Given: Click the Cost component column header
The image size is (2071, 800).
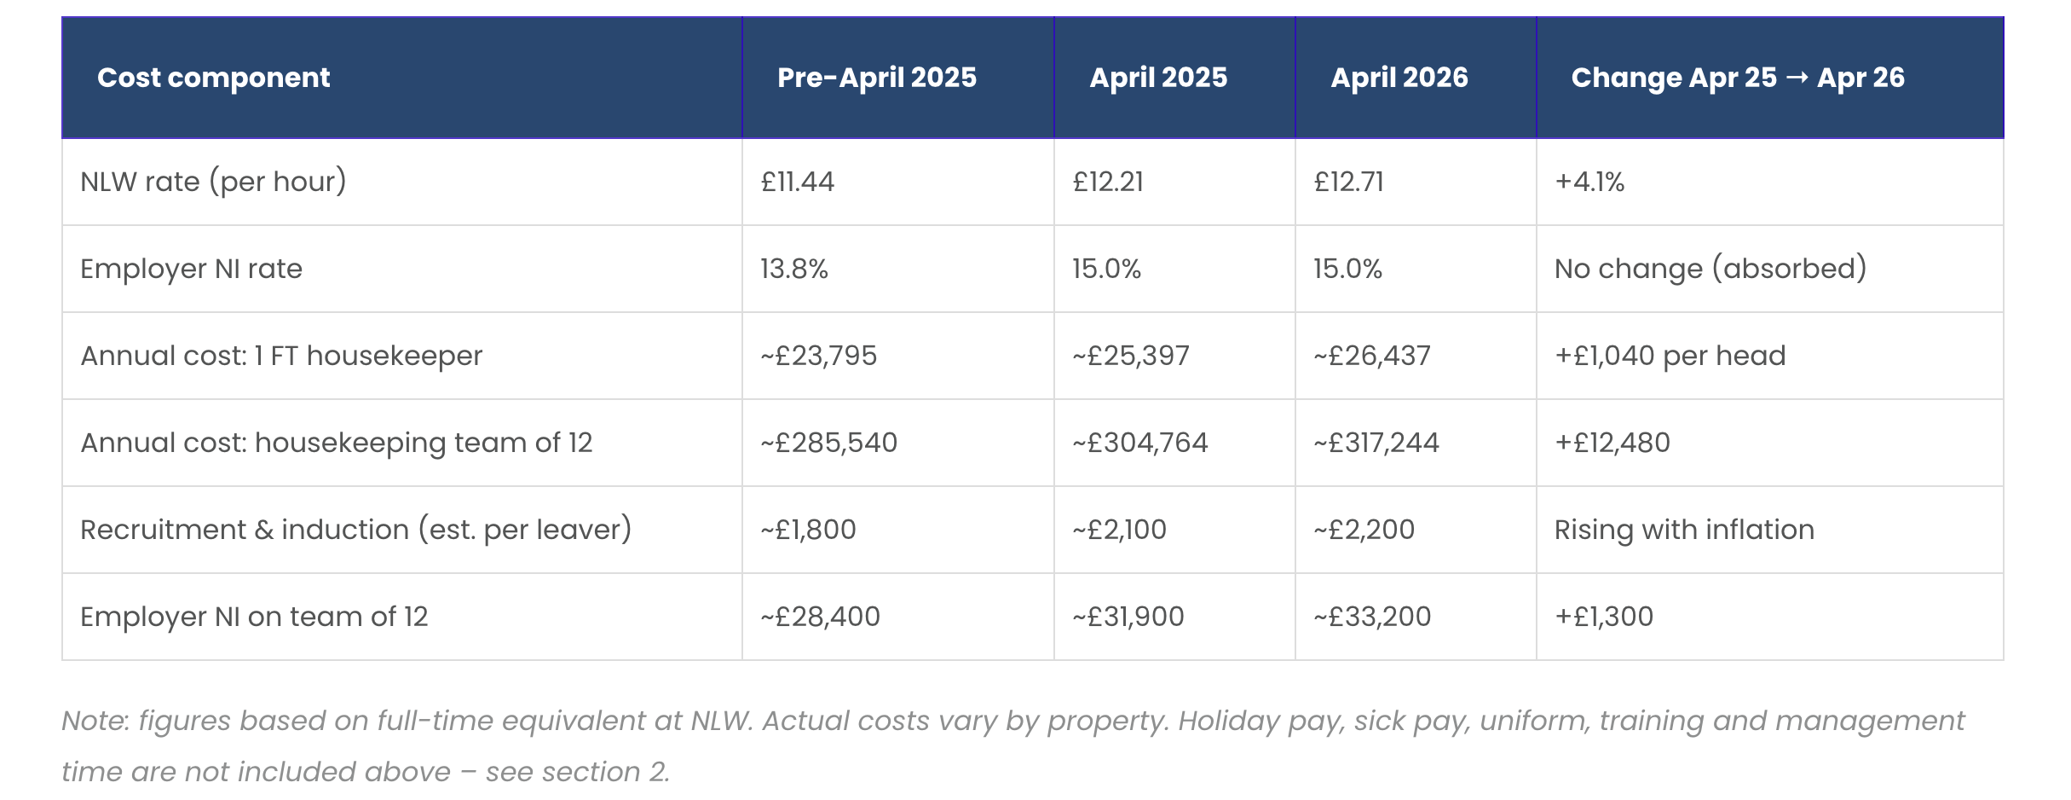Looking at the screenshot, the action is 213,78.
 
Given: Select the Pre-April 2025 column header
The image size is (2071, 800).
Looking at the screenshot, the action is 877,78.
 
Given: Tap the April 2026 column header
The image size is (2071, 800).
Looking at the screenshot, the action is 1399,78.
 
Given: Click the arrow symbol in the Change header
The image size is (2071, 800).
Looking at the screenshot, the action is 1797,78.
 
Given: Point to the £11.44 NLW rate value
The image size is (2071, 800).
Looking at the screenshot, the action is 798,182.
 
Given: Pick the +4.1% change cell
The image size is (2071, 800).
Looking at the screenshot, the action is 1589,182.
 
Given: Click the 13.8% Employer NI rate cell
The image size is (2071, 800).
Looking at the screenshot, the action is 794,269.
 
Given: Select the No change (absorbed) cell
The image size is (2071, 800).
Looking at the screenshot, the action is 1710,269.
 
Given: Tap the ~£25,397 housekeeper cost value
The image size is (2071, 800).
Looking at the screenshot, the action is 1131,356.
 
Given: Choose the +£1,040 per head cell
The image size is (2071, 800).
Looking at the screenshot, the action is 1670,356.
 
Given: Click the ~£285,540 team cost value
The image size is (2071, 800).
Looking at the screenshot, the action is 829,443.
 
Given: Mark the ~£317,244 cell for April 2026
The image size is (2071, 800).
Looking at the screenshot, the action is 1376,443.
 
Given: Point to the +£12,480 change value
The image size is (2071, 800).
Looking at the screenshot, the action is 1612,443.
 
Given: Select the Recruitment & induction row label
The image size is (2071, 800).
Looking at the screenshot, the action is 356,530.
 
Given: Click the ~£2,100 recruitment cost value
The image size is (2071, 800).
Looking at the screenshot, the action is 1120,530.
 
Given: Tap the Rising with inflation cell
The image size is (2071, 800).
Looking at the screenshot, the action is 1685,530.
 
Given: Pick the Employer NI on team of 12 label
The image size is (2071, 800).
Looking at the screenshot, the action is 254,617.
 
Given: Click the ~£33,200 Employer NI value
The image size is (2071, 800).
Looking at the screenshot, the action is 1372,617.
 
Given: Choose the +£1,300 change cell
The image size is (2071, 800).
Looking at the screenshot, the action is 1604,617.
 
